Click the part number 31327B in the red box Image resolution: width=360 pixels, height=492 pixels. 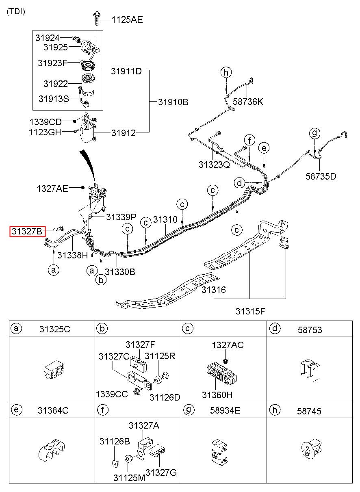tap(27, 231)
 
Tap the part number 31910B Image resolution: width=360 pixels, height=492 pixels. tap(173, 102)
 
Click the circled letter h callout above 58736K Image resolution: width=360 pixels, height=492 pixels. tap(226, 72)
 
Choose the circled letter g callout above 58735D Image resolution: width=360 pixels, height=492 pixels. tap(314, 133)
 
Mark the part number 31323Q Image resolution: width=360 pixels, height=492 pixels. tap(214, 165)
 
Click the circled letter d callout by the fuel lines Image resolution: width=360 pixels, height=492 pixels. tap(239, 183)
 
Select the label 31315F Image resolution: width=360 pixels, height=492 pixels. tap(250, 311)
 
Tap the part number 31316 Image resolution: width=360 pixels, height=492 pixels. tap(213, 290)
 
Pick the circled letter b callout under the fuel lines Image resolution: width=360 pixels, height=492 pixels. tap(101, 280)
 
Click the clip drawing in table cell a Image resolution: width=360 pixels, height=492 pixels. tap(54, 370)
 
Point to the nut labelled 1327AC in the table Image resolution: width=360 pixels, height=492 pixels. tap(225, 360)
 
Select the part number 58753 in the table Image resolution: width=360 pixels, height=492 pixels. tap(310, 329)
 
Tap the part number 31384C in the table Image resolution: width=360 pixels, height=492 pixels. tap(53, 410)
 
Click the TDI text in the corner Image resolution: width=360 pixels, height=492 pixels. tap(16, 11)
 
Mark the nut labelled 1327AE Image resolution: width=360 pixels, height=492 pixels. tap(82, 188)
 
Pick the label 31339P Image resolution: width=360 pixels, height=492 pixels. tap(121, 217)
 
